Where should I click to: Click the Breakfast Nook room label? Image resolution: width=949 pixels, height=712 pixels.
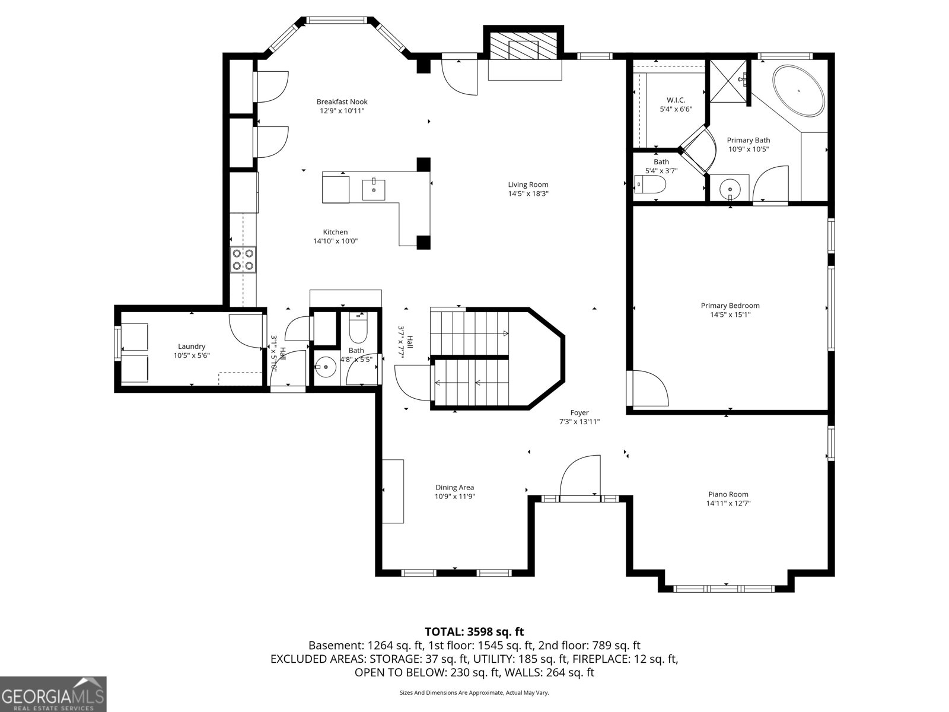coord(342,101)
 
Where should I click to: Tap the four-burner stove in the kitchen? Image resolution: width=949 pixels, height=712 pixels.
coord(243,260)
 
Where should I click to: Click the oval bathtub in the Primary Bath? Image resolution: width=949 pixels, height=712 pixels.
coord(798,91)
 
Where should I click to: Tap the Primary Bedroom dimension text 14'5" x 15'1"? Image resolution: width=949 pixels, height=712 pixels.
coord(730,315)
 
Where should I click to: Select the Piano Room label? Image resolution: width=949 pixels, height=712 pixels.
coord(728,494)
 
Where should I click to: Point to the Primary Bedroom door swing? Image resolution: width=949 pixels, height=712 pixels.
coord(648,389)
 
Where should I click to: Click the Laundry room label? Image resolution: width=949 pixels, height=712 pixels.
coord(192,347)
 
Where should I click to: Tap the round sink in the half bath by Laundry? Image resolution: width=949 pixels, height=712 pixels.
coord(325,368)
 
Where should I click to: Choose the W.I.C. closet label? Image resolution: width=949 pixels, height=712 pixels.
coord(676,100)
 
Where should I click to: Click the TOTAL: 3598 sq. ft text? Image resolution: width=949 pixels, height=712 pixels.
coord(474,632)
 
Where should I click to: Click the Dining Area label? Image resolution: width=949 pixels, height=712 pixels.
coord(454,488)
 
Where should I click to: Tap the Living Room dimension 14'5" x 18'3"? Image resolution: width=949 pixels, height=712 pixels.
coord(528,193)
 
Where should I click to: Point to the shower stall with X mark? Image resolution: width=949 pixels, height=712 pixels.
coord(728,81)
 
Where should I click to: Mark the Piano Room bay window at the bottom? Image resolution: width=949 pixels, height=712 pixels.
coord(725,589)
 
